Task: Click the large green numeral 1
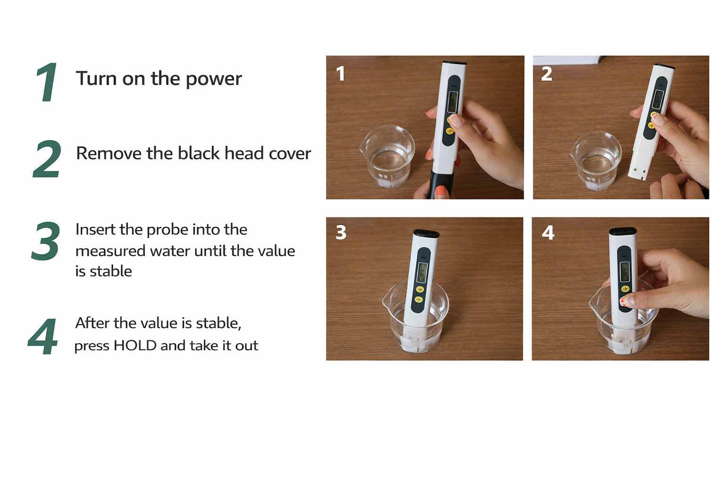[x=47, y=83]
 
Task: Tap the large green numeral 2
[x=47, y=159]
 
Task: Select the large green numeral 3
[x=46, y=241]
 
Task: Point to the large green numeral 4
[x=43, y=336]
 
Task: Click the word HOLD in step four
[x=135, y=345]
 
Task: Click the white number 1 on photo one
[x=340, y=74]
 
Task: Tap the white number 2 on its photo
[x=547, y=74]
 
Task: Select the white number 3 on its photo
[x=341, y=233]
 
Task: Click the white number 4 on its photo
[x=548, y=233]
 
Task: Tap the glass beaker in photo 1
[x=387, y=156]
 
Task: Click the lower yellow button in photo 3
[x=419, y=300]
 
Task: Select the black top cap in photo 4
[x=623, y=231]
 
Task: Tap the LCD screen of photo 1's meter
[x=453, y=101]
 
